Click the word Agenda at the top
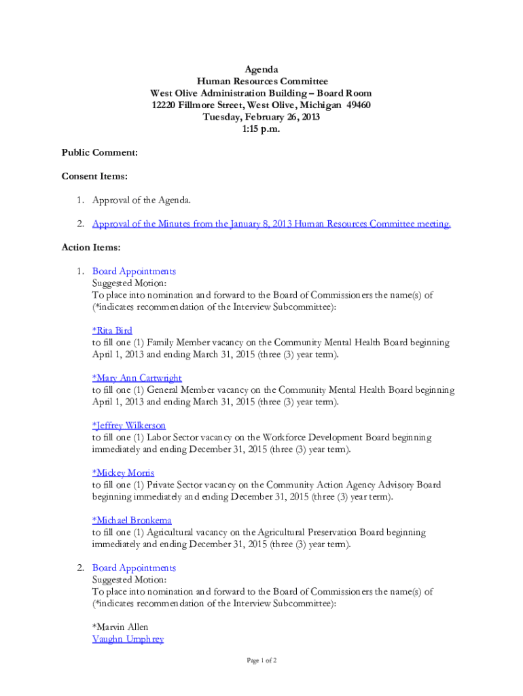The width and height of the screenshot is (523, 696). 261,69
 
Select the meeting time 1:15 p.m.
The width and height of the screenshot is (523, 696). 261,128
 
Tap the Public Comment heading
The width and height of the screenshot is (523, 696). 100,153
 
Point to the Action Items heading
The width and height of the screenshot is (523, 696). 91,247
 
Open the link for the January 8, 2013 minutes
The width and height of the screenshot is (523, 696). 271,224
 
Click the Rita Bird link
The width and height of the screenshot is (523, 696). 112,331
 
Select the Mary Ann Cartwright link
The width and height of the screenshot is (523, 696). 137,378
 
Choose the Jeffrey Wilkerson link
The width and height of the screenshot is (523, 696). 128,425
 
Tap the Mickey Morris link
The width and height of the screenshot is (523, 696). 123,473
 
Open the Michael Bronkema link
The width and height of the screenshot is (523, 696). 132,521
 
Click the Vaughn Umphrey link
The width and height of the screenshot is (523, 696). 128,640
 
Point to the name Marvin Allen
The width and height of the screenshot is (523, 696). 120,627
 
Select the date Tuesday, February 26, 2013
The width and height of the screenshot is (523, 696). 261,117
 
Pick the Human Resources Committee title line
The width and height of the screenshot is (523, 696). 261,81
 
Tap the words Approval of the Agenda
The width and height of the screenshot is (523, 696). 141,201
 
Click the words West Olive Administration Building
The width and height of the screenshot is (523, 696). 225,93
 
